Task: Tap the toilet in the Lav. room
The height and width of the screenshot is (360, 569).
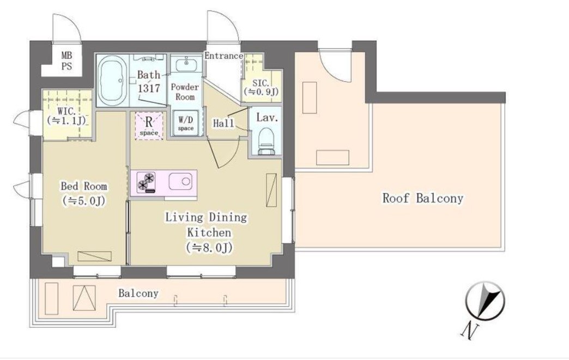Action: click(x=267, y=141)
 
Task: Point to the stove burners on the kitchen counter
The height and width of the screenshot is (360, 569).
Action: click(x=146, y=182)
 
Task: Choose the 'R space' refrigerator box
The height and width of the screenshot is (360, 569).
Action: click(x=149, y=125)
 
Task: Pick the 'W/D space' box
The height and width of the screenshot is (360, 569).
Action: click(x=186, y=123)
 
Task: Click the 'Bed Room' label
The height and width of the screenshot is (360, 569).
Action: click(x=84, y=186)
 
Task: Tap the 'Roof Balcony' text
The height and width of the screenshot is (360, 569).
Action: click(x=423, y=198)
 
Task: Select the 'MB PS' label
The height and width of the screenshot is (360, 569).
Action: click(x=66, y=61)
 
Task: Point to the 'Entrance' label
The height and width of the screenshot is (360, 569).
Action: click(x=223, y=56)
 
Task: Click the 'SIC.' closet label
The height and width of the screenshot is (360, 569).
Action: click(x=261, y=83)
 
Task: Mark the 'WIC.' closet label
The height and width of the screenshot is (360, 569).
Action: click(x=66, y=111)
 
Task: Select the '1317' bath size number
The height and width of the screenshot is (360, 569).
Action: click(x=149, y=88)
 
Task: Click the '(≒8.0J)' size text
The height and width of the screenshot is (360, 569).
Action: click(x=209, y=248)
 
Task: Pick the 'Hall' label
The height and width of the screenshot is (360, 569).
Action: click(x=223, y=123)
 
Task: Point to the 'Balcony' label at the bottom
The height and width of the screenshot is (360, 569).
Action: click(x=138, y=294)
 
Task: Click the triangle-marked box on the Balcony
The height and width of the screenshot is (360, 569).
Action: click(x=84, y=298)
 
